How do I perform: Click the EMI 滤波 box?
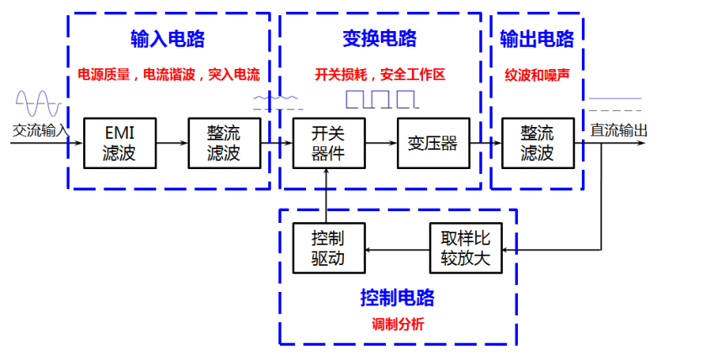[119, 143]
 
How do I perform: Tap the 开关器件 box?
[327, 143]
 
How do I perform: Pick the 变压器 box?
[432, 143]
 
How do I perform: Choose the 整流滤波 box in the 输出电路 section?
[536, 143]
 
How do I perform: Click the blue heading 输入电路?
[167, 39]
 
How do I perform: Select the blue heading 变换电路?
[379, 39]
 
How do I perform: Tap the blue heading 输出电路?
[536, 39]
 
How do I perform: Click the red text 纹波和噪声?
[536, 75]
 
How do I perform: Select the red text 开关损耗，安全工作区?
[379, 75]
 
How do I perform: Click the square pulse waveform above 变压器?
[382, 100]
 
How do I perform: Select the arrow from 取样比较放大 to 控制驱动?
[395, 249]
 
